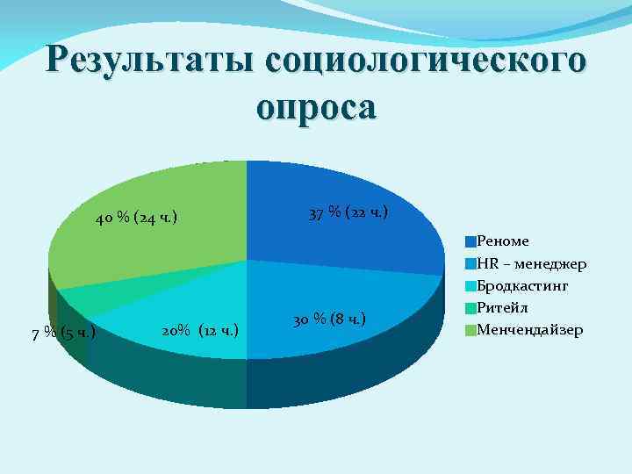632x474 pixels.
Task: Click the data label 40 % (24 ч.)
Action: click(x=136, y=217)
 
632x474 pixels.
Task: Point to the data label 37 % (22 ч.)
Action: click(x=348, y=213)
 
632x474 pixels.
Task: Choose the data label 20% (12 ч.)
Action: click(x=201, y=331)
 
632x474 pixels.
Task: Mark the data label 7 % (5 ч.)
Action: click(x=63, y=333)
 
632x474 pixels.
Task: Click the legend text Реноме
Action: click(x=503, y=241)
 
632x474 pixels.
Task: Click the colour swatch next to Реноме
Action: click(x=470, y=241)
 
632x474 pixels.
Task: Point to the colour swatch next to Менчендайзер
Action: click(x=470, y=330)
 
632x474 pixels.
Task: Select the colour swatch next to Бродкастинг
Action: click(x=470, y=285)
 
